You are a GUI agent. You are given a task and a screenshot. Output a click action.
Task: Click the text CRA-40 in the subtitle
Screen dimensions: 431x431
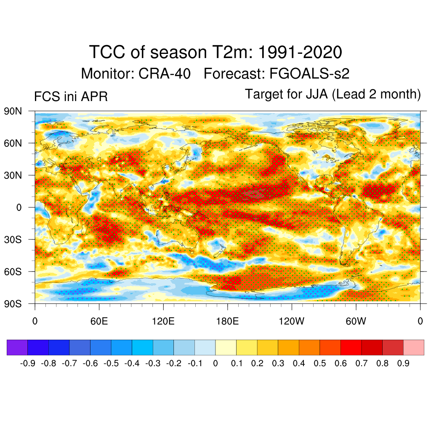tap(165, 74)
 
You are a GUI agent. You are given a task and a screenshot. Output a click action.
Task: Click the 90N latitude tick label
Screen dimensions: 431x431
tap(13, 111)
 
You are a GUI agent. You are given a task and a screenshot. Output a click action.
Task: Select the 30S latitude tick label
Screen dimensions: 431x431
tap(13, 239)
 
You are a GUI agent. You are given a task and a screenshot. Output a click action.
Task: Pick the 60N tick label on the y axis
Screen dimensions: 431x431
tap(13, 144)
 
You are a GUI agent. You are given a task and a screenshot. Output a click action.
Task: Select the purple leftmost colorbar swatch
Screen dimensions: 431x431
tap(17, 347)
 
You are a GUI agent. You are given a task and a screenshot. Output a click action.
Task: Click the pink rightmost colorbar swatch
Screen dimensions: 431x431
tap(413, 347)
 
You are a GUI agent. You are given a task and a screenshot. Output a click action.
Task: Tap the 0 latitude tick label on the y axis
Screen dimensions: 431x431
tap(19, 208)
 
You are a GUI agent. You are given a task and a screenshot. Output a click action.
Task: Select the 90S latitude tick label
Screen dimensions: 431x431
tap(13, 304)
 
